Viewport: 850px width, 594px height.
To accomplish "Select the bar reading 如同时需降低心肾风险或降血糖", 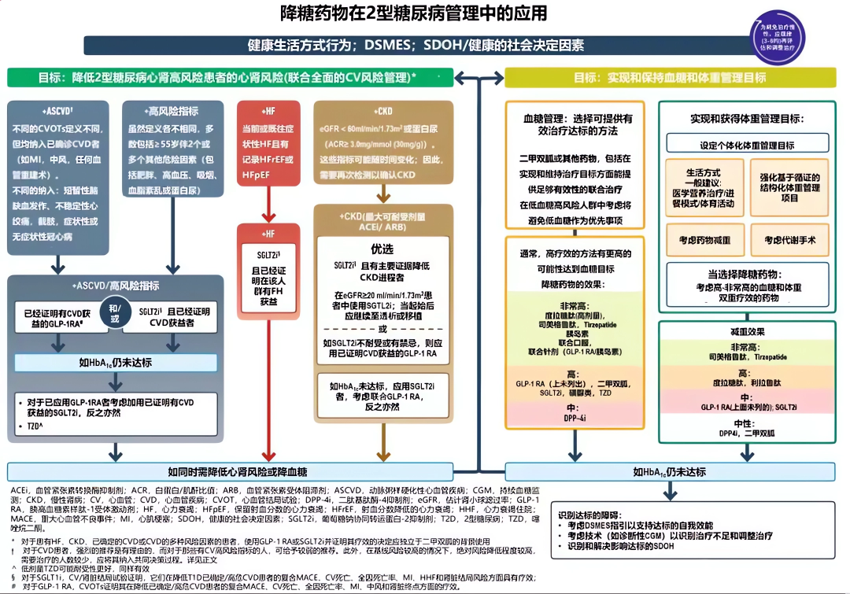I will pos(237,471).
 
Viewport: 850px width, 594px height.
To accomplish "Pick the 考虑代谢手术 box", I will pos(789,239).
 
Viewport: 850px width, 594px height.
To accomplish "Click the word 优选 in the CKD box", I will pos(382,248).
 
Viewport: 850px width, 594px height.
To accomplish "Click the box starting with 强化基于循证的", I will pos(789,187).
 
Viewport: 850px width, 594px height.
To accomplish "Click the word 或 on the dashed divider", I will pos(382,328).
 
